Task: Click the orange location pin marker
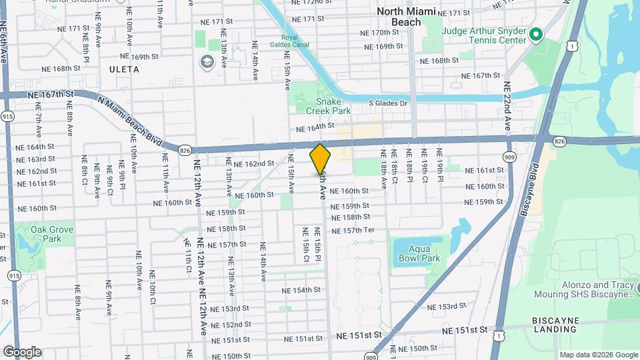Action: [320, 159]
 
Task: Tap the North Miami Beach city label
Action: [406, 17]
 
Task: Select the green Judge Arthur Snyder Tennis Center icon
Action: [536, 33]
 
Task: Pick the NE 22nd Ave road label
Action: [507, 107]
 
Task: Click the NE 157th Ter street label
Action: [365, 230]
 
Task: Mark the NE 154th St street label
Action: [302, 291]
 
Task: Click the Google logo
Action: [22, 351]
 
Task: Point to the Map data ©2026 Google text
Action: [598, 355]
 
